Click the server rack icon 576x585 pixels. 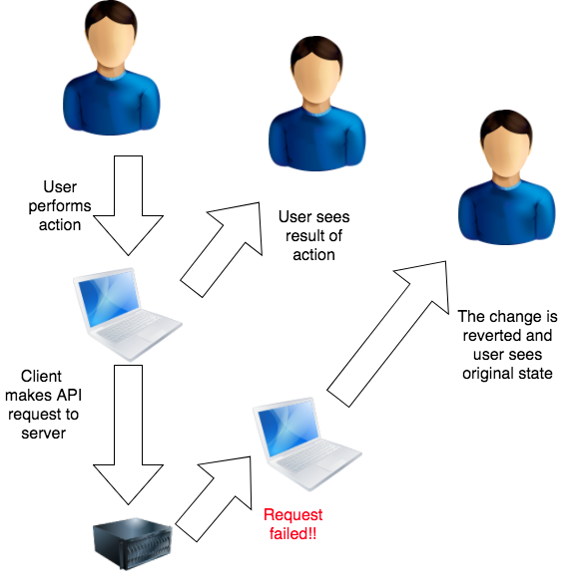(133, 543)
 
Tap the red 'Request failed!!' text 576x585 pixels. (292, 524)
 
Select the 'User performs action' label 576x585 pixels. (60, 206)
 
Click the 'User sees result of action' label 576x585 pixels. (314, 236)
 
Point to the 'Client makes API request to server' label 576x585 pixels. (43, 405)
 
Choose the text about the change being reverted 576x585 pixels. (507, 345)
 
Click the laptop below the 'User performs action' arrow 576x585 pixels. (127, 314)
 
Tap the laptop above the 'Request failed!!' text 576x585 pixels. (306, 443)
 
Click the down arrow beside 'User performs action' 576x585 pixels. (128, 205)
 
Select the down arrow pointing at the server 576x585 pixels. (128, 435)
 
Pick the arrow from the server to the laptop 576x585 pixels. (213, 498)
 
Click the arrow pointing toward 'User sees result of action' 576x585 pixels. (222, 250)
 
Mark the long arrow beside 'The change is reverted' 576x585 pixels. (387, 334)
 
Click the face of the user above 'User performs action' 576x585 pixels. (111, 45)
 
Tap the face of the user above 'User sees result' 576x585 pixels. (317, 81)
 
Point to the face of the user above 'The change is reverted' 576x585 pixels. (506, 154)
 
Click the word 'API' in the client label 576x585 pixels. (69, 395)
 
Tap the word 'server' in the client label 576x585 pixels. (43, 434)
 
